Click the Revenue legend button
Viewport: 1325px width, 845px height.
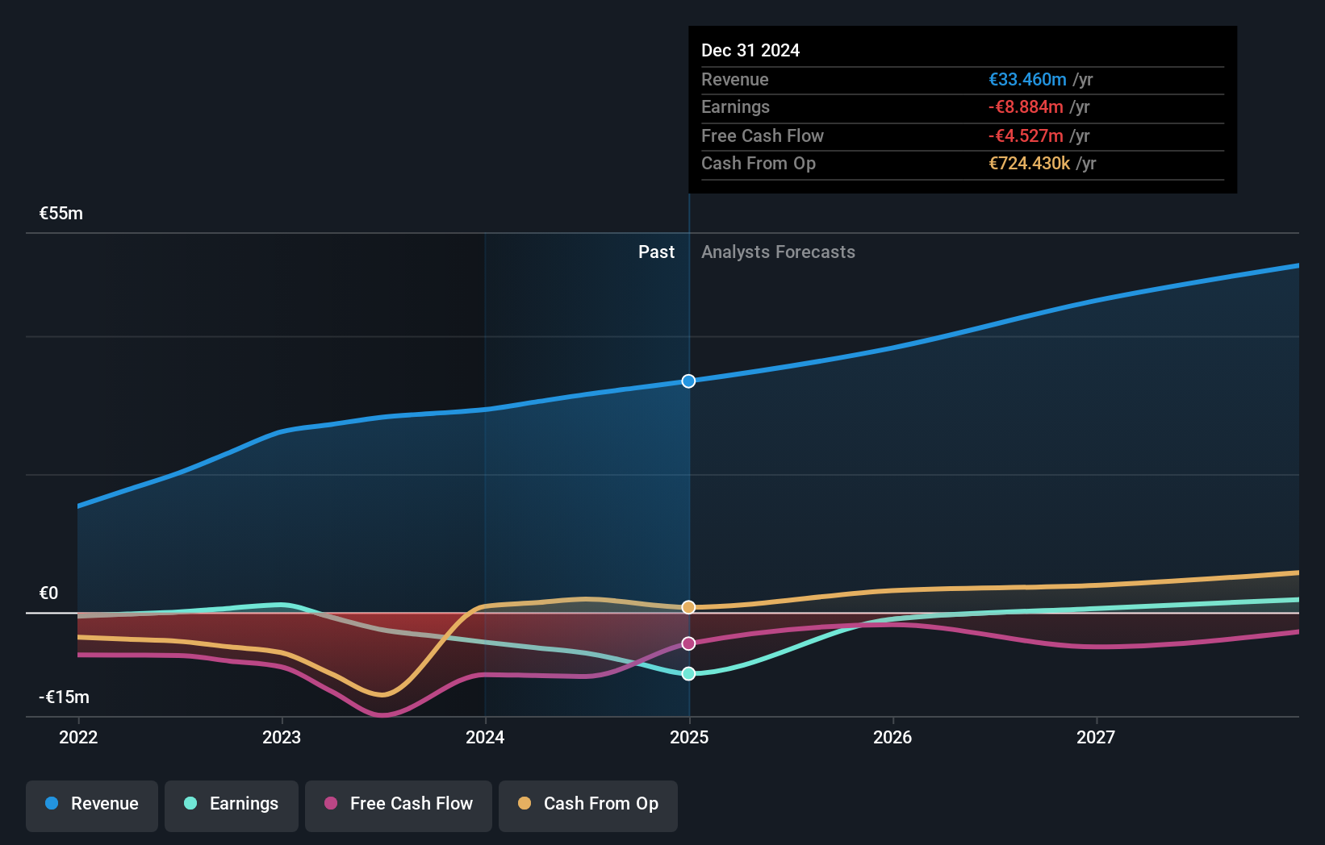[x=92, y=804]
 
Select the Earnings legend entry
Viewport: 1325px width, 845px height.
[x=232, y=804]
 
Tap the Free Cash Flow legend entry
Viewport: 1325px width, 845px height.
[x=399, y=804]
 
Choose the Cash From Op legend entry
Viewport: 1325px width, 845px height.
[x=588, y=804]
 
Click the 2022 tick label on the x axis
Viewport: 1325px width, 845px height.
[x=78, y=737]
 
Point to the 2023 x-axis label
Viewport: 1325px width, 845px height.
[x=282, y=737]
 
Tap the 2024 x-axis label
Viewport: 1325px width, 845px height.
[x=485, y=737]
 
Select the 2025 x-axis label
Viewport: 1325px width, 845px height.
[x=689, y=737]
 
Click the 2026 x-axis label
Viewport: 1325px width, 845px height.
[x=892, y=737]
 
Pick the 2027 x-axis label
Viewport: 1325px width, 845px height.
[x=1096, y=737]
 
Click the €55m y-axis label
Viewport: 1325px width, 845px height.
[x=61, y=214]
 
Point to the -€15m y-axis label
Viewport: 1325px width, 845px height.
[x=64, y=697]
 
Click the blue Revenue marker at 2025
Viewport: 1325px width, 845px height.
[x=688, y=381]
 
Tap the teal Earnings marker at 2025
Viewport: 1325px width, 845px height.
[x=688, y=674]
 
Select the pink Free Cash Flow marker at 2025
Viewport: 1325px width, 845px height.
[x=688, y=643]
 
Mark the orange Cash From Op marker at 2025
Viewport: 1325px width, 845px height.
[x=688, y=607]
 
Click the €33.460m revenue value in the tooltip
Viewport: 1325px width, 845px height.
[x=1027, y=80]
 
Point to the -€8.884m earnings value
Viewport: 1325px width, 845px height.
[x=1026, y=107]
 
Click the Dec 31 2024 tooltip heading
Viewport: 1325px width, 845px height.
[x=750, y=51]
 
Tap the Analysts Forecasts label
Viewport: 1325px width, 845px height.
[x=778, y=252]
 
